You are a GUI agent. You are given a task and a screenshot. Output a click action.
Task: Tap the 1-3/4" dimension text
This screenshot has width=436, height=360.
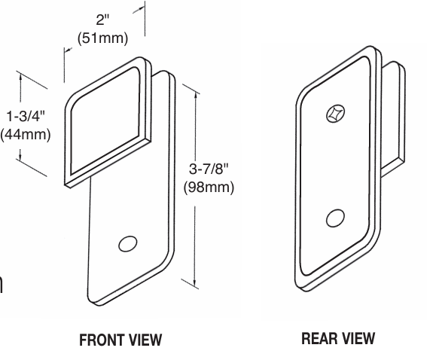click(26, 117)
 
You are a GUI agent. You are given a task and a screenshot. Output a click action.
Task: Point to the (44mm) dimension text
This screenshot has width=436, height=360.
click(26, 135)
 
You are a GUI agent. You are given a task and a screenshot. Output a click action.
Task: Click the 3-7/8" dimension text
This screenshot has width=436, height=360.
click(209, 169)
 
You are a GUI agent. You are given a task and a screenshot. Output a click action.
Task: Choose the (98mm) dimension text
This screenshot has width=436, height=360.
click(209, 187)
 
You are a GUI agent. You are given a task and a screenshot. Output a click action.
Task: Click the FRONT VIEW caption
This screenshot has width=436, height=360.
click(120, 340)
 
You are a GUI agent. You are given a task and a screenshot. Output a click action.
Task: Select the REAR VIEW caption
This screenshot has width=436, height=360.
click(337, 339)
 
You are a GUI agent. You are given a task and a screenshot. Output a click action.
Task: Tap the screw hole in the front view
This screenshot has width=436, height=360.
click(128, 244)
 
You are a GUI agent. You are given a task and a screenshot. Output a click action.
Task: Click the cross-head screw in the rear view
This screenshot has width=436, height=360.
click(334, 114)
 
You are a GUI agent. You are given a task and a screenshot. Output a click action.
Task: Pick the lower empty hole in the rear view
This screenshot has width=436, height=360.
click(335, 218)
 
